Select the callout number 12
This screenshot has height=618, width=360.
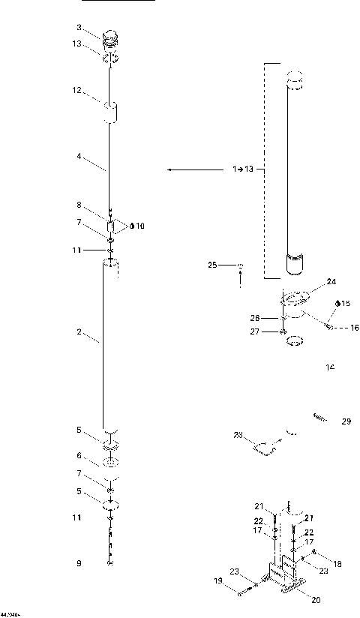point(76,91)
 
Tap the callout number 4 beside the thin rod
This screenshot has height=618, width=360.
point(78,156)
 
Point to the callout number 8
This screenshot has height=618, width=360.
point(78,205)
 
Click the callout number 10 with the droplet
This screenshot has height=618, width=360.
point(139,226)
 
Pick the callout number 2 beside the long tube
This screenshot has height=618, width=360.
point(79,331)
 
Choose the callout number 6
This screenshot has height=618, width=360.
point(78,455)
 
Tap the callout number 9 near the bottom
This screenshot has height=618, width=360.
point(78,563)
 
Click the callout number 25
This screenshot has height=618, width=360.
point(213,265)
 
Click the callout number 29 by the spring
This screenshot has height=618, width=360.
point(346,421)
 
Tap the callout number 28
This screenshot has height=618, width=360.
point(238,434)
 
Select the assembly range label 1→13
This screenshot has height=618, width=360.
point(244,170)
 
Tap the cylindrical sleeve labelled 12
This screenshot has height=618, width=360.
point(112,114)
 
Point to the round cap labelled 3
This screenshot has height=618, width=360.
point(110,37)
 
